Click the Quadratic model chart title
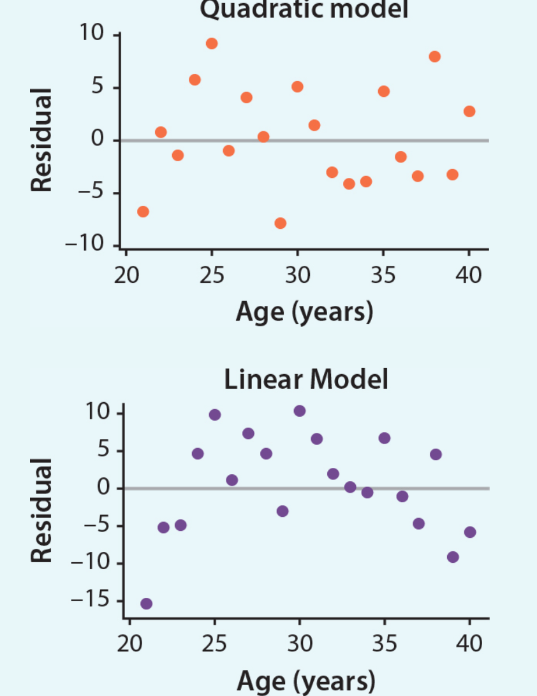point(304,9)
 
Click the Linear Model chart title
point(305,380)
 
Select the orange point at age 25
point(212,43)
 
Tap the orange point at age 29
point(280,223)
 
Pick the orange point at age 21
point(143,212)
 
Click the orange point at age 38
point(434,56)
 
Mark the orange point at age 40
point(469,112)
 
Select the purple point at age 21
point(146,604)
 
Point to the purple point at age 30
point(299,410)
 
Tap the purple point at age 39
point(453,557)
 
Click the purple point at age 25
point(214,415)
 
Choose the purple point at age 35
point(384,438)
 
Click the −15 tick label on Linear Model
point(91,600)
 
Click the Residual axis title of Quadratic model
point(41,140)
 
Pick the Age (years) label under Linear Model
point(305,681)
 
